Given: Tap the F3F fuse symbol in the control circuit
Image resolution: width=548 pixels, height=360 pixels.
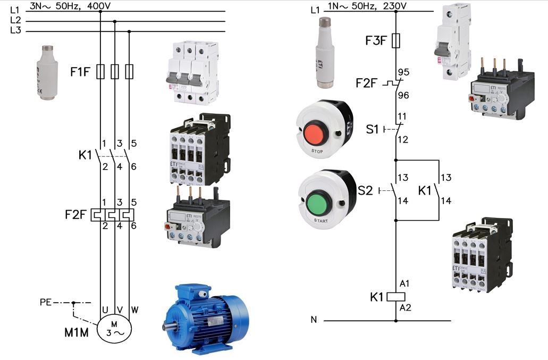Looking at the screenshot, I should (396, 40).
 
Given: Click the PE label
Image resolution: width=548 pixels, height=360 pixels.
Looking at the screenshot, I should (46, 303).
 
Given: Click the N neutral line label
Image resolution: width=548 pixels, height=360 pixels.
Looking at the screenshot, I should (314, 320).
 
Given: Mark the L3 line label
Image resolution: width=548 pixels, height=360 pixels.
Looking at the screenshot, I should (15, 30).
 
